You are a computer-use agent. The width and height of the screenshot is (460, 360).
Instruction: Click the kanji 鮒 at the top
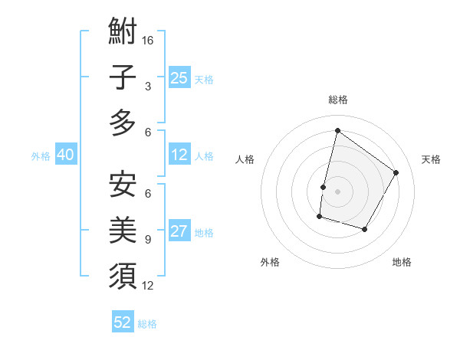pos(123,32)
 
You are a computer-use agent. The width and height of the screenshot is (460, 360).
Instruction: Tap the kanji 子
pos(123,77)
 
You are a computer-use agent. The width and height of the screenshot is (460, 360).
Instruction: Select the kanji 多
pos(123,122)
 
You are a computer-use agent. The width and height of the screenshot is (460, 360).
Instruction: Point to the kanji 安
pos(123,185)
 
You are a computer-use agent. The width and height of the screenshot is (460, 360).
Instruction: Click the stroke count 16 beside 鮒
pos(148,40)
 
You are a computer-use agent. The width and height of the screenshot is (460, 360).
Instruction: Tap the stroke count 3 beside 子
pos(148,87)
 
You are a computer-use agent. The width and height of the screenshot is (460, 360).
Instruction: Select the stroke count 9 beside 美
pos(148,240)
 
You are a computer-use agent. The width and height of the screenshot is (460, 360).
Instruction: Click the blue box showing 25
pos(179,78)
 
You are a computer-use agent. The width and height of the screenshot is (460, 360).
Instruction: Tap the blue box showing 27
pos(179,232)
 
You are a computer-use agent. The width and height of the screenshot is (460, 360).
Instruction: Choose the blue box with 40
pos(65,155)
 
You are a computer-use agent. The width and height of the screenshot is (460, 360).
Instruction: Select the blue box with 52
pos(123,322)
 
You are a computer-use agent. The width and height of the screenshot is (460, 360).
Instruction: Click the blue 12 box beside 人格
pos(179,155)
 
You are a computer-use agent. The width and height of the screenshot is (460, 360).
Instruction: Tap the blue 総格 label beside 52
pos(147,324)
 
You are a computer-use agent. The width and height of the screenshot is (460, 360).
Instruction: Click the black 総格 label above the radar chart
pos(337,100)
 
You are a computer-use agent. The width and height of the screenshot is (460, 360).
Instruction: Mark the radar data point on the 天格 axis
pos(396,172)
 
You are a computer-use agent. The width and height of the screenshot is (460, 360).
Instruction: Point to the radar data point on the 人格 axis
pos(324,187)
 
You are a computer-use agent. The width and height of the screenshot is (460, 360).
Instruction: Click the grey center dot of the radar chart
pos(337,191)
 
